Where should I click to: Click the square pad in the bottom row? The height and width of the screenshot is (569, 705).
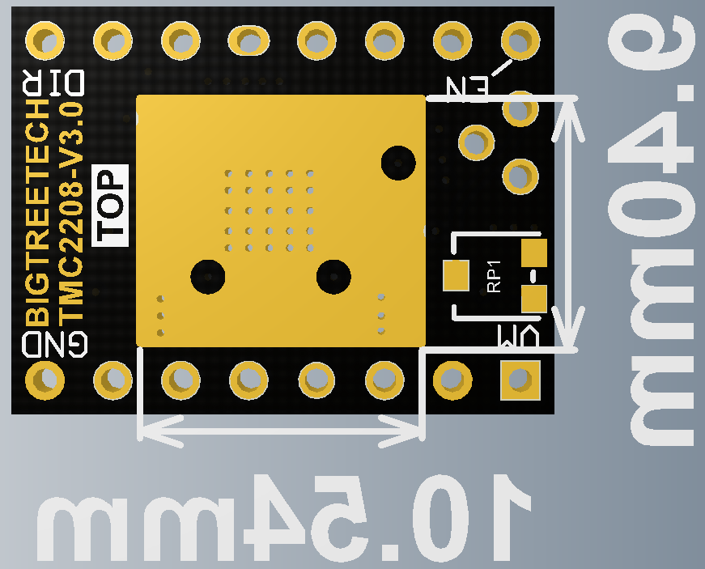[x=520, y=380]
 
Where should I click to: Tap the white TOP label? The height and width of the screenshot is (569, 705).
[x=110, y=206]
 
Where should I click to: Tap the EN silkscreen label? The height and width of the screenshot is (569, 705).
[x=467, y=87]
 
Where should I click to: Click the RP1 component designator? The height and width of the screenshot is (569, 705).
[x=494, y=277]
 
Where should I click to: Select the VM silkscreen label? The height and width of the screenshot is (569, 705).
[x=518, y=336]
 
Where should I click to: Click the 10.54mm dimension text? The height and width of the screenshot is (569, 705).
[x=284, y=518]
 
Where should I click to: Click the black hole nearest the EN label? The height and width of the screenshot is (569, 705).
[x=398, y=163]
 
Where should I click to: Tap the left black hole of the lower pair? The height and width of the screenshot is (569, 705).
[x=208, y=277]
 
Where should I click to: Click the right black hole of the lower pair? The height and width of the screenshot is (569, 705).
[x=333, y=277]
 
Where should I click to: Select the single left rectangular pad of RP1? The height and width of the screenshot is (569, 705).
[x=456, y=275]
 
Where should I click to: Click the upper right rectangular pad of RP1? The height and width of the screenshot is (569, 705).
[x=534, y=253]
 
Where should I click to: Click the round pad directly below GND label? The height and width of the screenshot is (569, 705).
[x=45, y=380]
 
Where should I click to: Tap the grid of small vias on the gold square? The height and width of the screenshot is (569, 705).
[x=269, y=210]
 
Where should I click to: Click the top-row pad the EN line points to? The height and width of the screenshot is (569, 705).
[x=520, y=40]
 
